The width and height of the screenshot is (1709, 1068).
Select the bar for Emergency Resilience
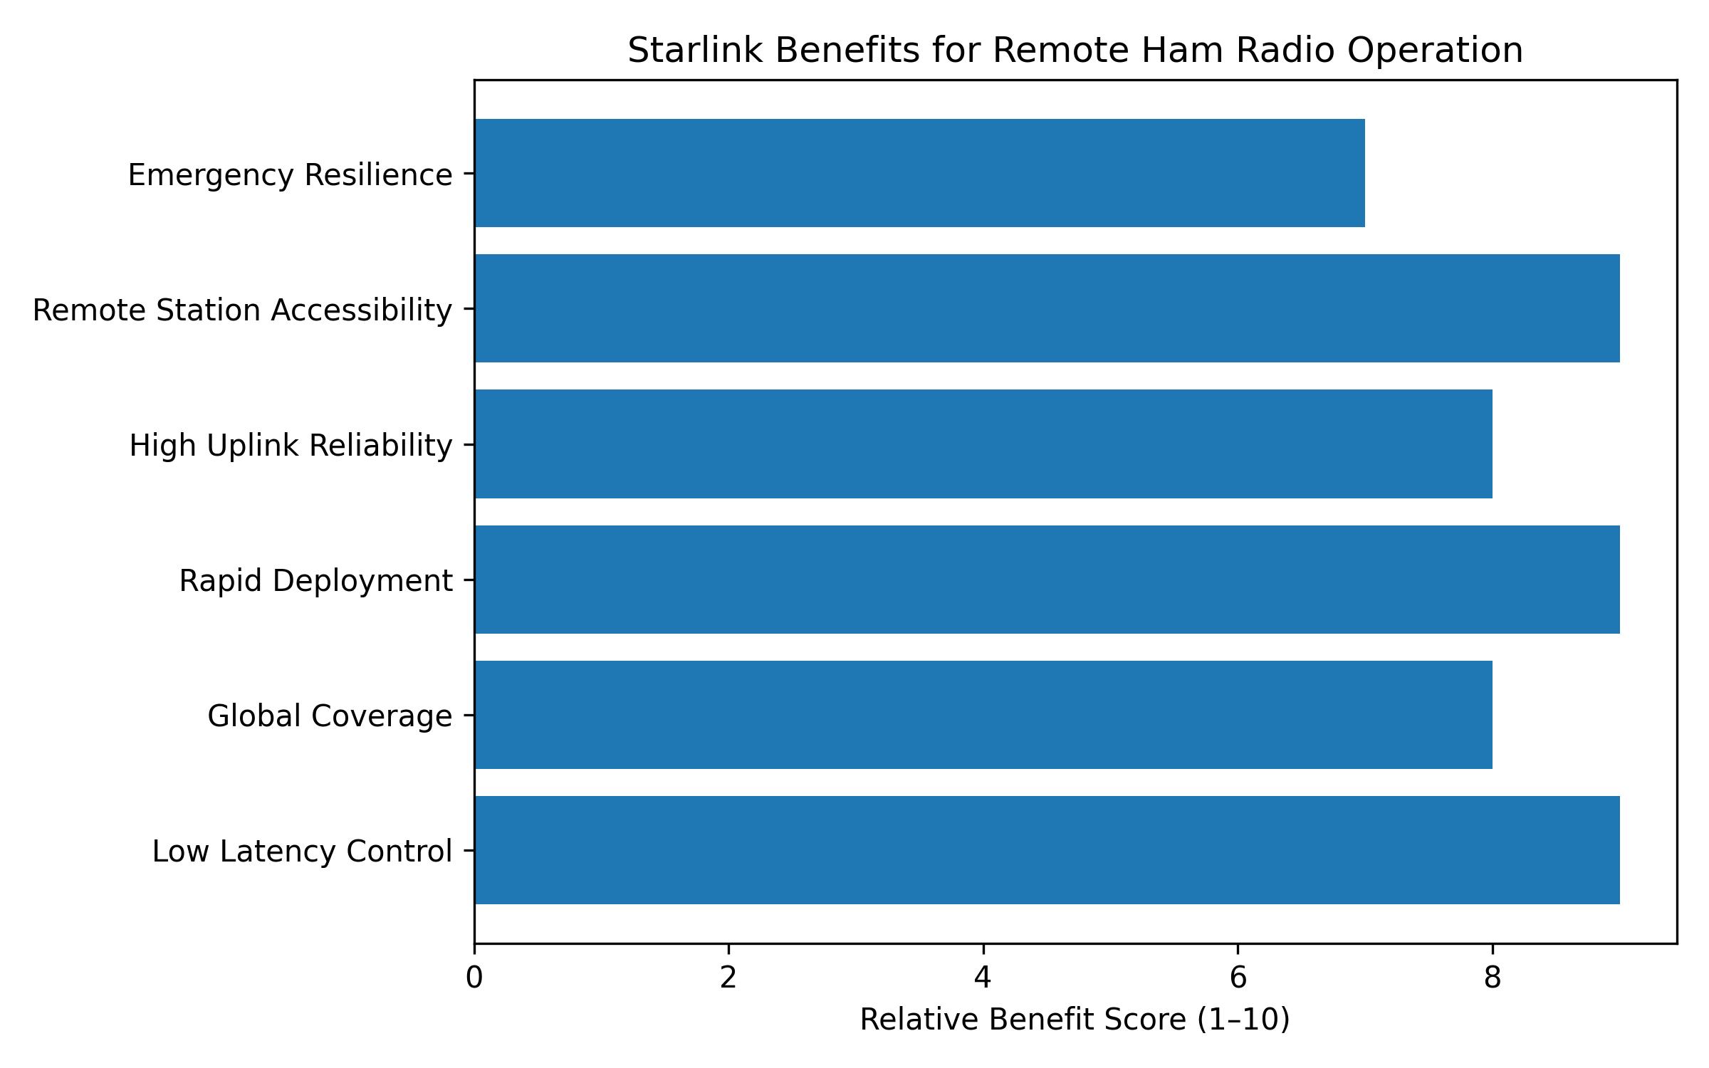pos(919,173)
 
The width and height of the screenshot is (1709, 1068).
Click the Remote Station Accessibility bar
pos(1047,308)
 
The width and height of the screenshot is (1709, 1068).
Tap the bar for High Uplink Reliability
pos(983,444)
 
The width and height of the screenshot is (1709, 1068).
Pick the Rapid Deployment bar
pos(1047,580)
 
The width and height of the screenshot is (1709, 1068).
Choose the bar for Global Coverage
pos(983,715)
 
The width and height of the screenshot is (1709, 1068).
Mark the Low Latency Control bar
pos(1047,850)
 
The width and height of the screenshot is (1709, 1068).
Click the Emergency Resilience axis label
pos(290,175)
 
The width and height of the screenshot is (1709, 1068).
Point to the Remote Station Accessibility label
pos(242,310)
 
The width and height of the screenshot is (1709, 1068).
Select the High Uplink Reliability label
pos(291,446)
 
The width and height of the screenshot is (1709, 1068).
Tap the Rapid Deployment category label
pos(315,581)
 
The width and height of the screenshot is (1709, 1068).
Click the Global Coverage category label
pos(330,716)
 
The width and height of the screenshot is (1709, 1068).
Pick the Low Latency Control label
pos(302,852)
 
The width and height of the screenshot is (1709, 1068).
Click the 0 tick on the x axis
pos(474,978)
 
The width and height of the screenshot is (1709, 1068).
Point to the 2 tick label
pos(728,978)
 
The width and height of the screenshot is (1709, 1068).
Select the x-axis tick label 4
pos(983,978)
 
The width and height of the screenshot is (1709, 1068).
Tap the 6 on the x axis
pos(1238,978)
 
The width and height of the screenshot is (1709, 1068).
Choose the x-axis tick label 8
pos(1492,978)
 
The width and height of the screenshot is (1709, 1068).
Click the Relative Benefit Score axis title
pos(1075,1020)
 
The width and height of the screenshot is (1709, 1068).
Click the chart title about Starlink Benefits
pos(1075,51)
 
